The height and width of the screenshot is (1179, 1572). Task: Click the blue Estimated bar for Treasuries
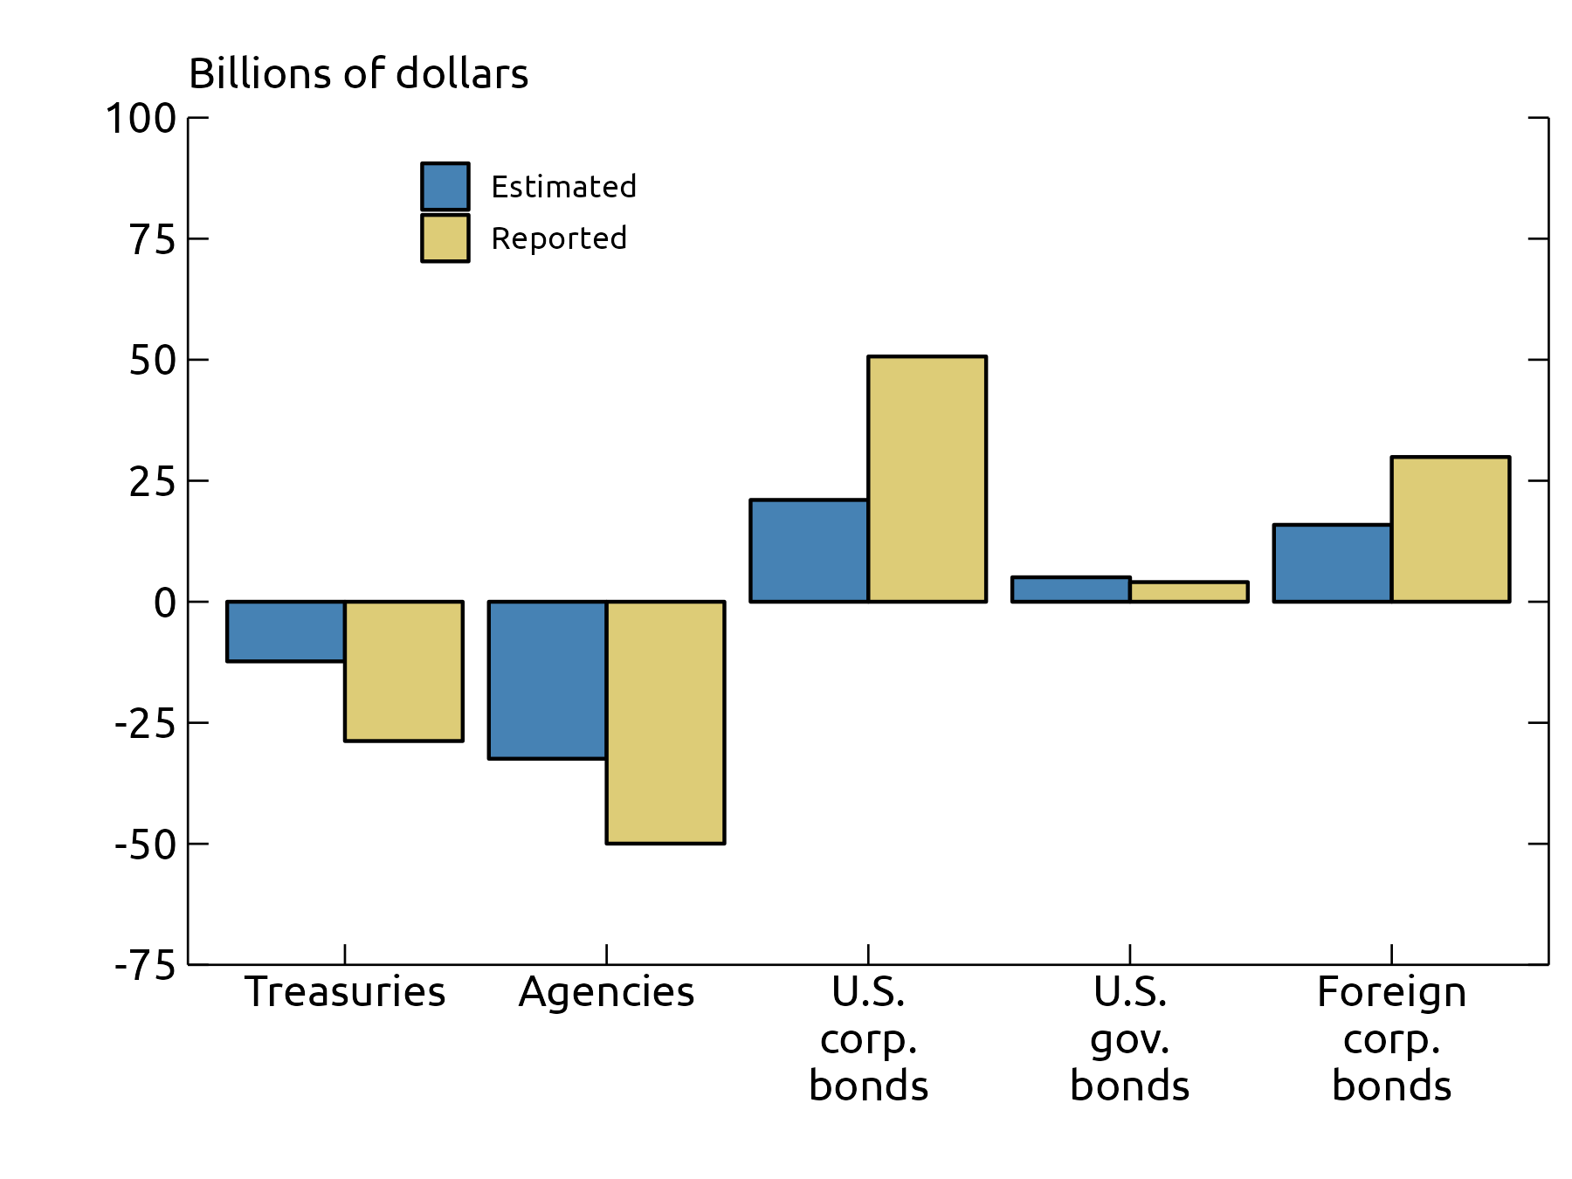point(286,631)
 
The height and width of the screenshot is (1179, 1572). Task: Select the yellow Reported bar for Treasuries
point(403,671)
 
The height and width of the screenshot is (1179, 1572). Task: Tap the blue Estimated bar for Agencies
point(548,679)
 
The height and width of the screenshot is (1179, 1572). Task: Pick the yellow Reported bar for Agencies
point(665,722)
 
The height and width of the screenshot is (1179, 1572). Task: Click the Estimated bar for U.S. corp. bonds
point(809,550)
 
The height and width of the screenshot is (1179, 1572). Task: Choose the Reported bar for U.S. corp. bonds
point(927,479)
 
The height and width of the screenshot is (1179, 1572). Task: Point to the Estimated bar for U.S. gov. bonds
point(1071,589)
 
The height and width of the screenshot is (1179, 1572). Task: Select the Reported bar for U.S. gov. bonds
point(1189,592)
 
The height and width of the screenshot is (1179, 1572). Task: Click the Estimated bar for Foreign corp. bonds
point(1333,563)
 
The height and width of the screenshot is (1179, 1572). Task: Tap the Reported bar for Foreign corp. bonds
point(1451,529)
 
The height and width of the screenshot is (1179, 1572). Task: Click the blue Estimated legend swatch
point(445,186)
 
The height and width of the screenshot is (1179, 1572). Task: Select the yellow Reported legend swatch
point(445,238)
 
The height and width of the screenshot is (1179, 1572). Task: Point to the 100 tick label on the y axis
point(141,119)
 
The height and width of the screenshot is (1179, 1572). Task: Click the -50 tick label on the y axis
point(145,845)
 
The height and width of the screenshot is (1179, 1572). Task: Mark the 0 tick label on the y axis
point(164,603)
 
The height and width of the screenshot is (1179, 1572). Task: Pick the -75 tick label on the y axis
point(145,966)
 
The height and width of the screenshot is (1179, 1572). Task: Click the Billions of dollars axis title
point(358,73)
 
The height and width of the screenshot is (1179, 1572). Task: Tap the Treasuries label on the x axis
point(345,992)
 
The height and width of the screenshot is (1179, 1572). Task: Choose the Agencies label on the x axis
point(606,992)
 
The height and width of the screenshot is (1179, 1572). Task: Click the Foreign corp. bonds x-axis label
point(1391,1039)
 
